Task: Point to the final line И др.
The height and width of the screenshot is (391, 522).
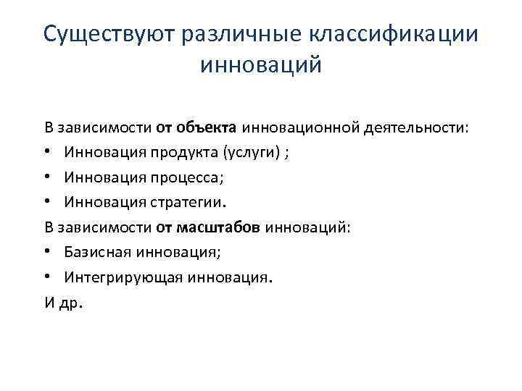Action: (x=64, y=303)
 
